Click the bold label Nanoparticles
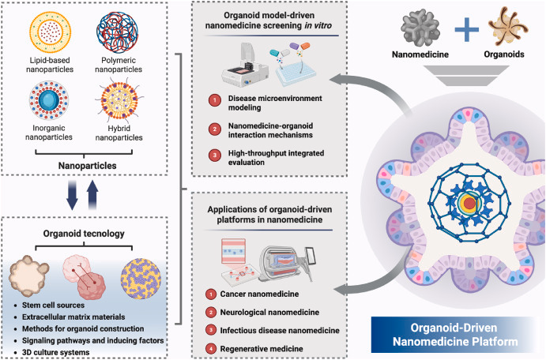[x=82, y=167]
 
